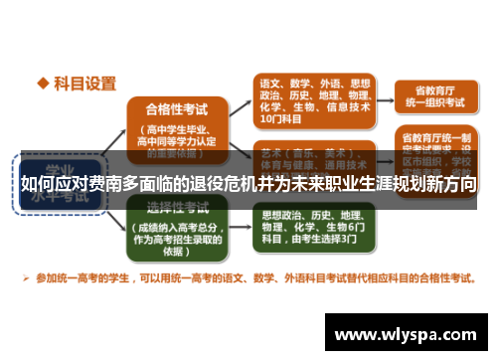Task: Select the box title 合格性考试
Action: (177, 109)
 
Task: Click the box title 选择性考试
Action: (177, 207)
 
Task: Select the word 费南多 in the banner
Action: (110, 183)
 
